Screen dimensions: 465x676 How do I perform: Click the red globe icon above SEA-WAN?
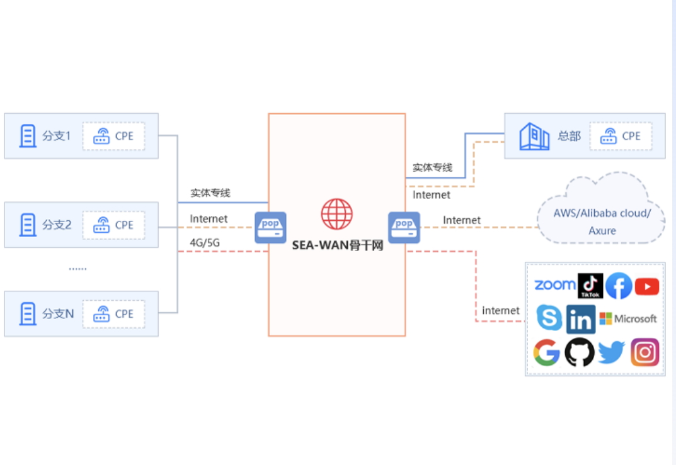coord(336,214)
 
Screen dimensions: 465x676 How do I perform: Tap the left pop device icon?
coord(270,227)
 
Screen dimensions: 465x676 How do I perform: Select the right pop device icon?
coord(404,227)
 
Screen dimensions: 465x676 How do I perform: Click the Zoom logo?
coord(555,285)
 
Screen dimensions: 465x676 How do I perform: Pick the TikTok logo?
coord(590,286)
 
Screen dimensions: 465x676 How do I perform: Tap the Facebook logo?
coord(619,286)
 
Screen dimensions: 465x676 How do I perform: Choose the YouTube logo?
coord(647,286)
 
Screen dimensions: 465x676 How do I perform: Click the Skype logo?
coord(549,318)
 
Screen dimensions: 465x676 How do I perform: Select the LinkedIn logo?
coord(580,320)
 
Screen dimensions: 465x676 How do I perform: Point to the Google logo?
coord(546,352)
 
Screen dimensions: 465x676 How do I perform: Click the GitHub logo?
coord(580,352)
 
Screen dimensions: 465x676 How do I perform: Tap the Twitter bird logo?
coord(611,353)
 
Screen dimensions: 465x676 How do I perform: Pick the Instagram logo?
coord(645,352)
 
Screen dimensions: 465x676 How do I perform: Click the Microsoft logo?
coord(628,319)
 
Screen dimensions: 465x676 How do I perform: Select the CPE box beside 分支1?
coord(113,136)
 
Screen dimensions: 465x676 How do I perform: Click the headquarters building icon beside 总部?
coord(534,136)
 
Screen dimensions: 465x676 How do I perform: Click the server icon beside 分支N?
coord(28,313)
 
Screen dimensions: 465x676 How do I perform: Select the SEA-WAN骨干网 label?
coord(337,245)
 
